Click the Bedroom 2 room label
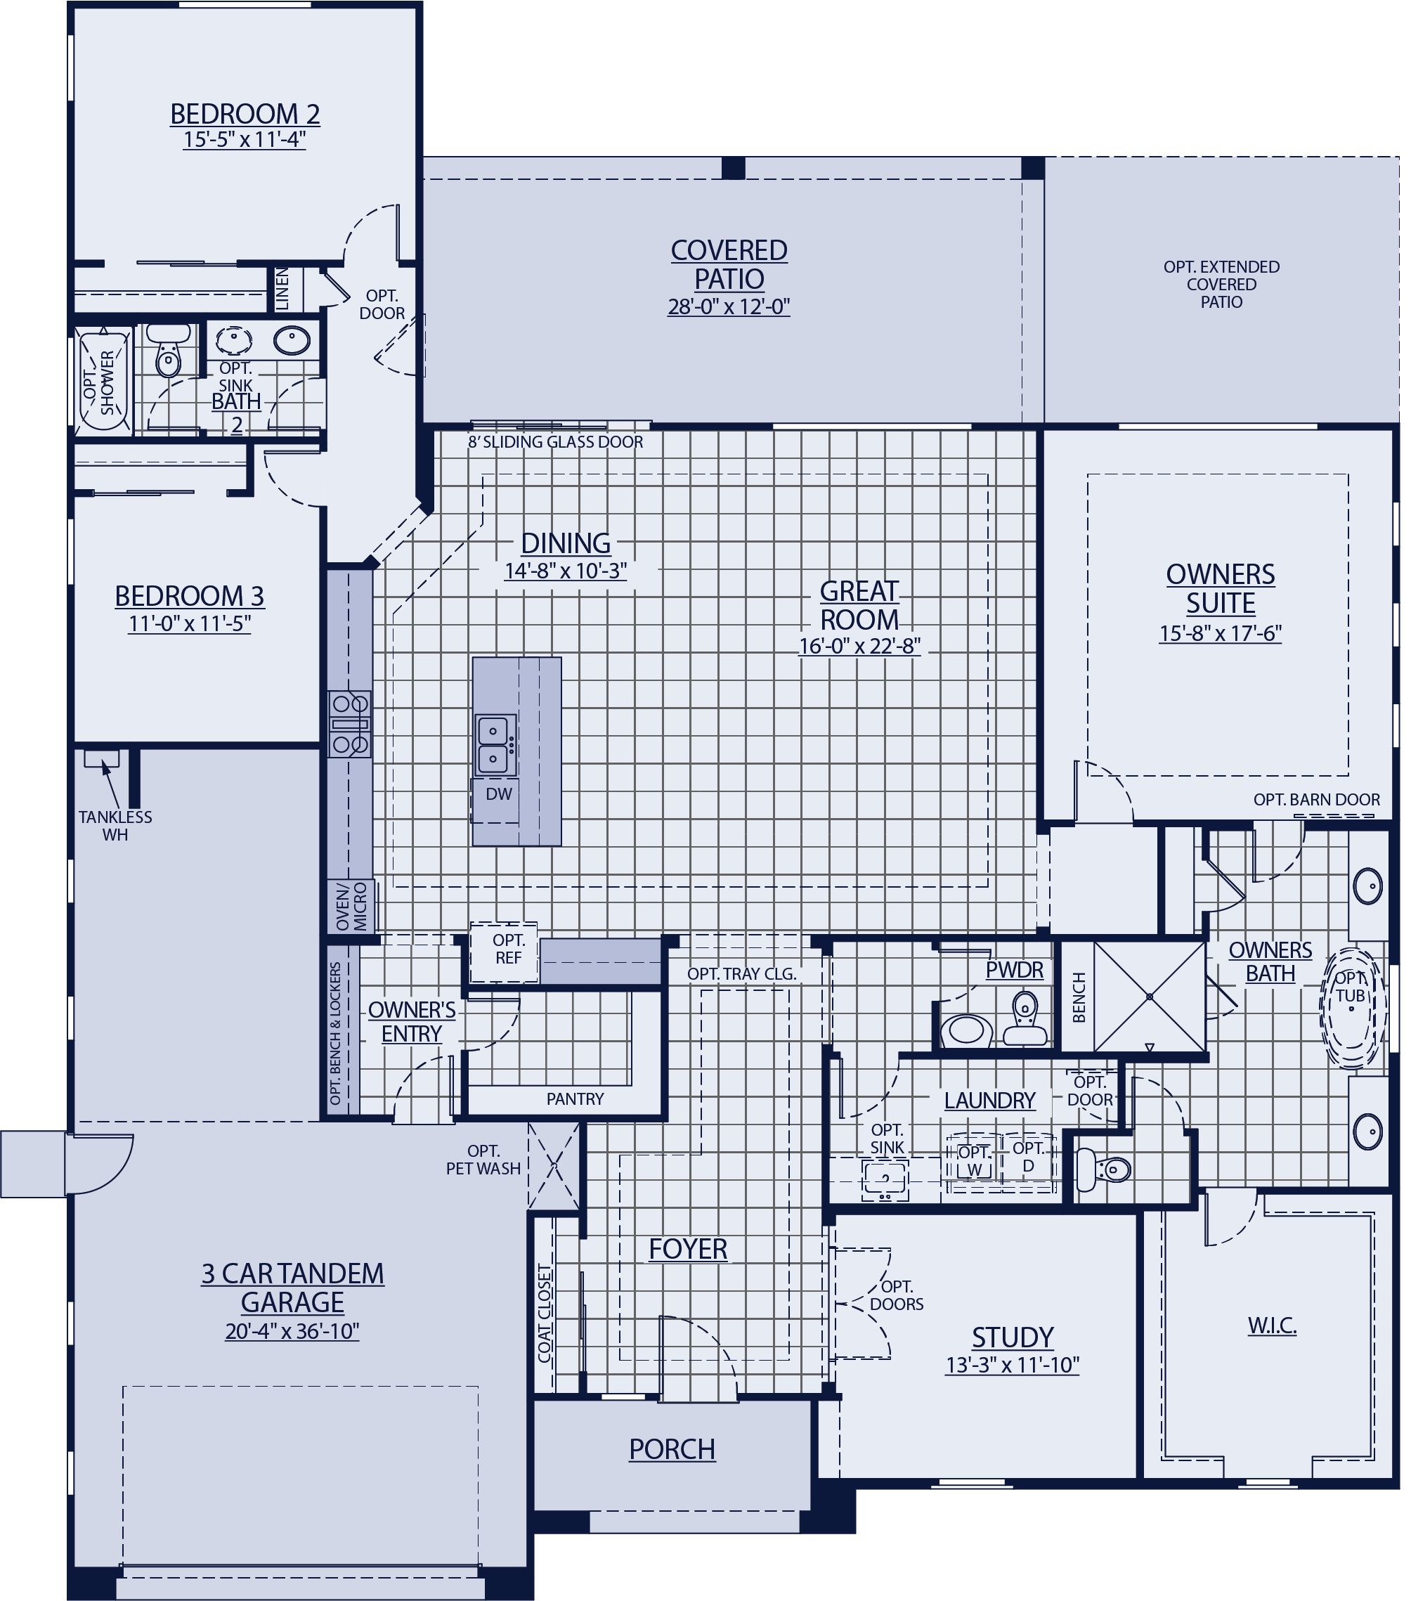245,114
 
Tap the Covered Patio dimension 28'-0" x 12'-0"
728,306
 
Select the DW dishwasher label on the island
498,793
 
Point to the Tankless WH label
115,826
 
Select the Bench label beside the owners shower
1079,997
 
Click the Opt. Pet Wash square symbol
554,1165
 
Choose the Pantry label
575,1099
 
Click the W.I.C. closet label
1272,1325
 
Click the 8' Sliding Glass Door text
555,442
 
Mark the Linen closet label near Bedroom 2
282,288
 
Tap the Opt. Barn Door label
1316,799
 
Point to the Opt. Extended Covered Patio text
1221,285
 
